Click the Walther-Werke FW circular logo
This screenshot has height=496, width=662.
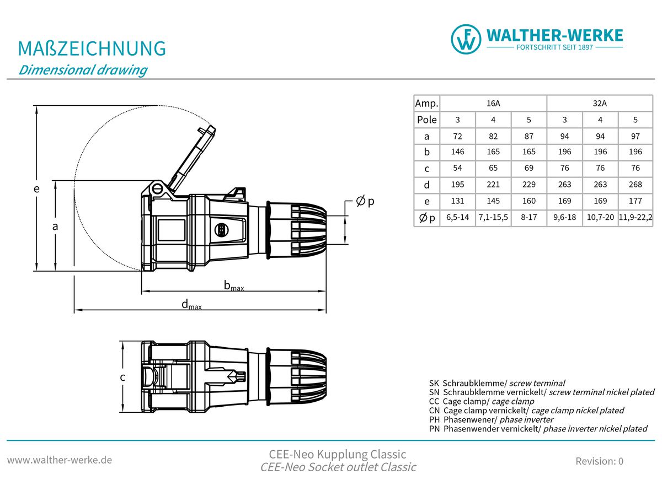click(466, 39)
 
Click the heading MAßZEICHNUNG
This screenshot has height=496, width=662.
click(92, 48)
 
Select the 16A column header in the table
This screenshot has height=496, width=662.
click(493, 103)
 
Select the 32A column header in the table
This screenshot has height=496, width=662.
click(600, 103)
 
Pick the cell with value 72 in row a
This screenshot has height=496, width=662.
click(457, 136)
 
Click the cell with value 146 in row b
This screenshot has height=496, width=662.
click(457, 152)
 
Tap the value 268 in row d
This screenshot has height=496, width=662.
click(635, 185)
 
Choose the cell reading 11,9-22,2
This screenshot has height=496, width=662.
click(635, 218)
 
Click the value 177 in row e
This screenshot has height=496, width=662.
click(635, 201)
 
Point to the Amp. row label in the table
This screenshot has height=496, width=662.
click(426, 103)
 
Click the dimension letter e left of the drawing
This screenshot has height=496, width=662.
click(36, 188)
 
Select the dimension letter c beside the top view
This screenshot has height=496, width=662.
click(122, 378)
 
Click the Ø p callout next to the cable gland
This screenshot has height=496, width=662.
click(365, 202)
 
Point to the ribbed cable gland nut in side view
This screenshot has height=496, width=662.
click(298, 229)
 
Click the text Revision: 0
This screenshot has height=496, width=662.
click(599, 461)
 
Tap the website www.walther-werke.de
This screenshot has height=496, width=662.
click(60, 460)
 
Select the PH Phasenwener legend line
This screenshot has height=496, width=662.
click(491, 419)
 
